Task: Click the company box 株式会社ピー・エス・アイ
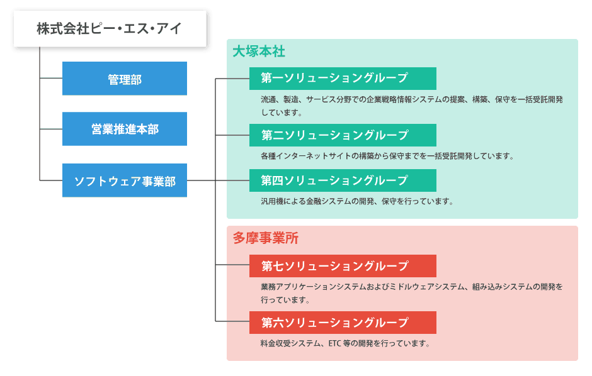pyautogui.click(x=110, y=29)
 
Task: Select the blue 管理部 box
pyautogui.click(x=125, y=79)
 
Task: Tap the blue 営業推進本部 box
pyautogui.click(x=125, y=129)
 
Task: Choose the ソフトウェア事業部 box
pyautogui.click(x=125, y=180)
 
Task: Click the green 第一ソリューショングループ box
pyautogui.click(x=343, y=79)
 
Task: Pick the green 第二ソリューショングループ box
pyautogui.click(x=343, y=135)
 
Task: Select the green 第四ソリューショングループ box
pyautogui.click(x=343, y=180)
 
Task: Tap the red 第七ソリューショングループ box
pyautogui.click(x=343, y=266)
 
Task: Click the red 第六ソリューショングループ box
pyautogui.click(x=343, y=323)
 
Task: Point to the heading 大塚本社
pyautogui.click(x=259, y=52)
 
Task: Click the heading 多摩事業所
pyautogui.click(x=265, y=238)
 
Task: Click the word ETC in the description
pyautogui.click(x=335, y=343)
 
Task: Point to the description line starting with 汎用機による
pyautogui.click(x=357, y=202)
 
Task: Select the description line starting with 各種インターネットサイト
pyautogui.click(x=387, y=156)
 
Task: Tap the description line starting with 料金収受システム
pyautogui.click(x=346, y=343)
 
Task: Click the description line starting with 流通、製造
pyautogui.click(x=412, y=100)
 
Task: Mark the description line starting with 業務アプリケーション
pyautogui.click(x=411, y=287)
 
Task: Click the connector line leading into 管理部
pyautogui.click(x=51, y=79)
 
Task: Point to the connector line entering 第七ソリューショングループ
pyautogui.click(x=232, y=265)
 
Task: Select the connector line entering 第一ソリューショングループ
pyautogui.click(x=232, y=79)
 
